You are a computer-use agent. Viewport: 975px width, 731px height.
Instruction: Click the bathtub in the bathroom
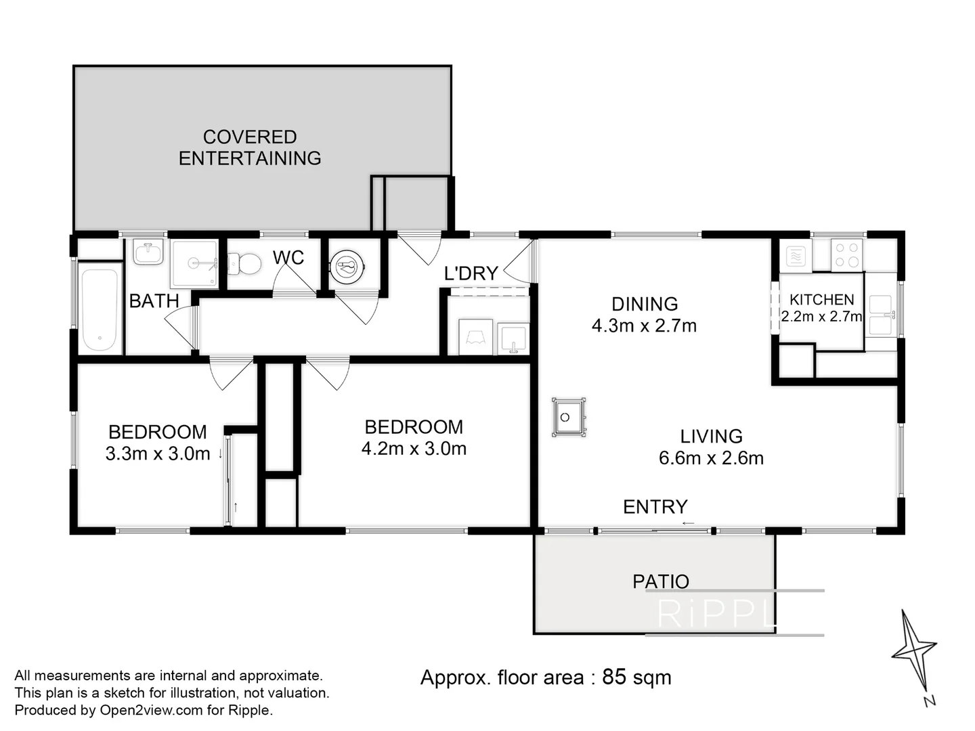[100, 307]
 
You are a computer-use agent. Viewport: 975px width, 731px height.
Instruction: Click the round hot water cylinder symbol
[347, 267]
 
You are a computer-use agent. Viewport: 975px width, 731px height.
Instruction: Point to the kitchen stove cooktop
[846, 255]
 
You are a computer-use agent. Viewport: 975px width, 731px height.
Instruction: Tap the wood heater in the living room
[569, 417]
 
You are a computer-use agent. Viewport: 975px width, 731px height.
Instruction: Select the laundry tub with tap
[513, 339]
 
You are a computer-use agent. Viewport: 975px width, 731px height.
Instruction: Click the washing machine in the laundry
[475, 337]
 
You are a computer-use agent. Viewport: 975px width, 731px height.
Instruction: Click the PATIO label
[661, 581]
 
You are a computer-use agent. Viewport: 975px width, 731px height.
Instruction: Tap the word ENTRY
[655, 507]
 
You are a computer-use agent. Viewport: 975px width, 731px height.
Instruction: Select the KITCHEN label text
[822, 300]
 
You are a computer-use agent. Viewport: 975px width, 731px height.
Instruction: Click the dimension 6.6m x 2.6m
[711, 458]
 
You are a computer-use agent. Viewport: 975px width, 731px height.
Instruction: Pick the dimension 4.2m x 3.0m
[414, 449]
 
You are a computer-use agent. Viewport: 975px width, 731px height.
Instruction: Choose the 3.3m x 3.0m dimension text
[158, 453]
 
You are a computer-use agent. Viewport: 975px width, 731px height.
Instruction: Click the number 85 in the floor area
[614, 678]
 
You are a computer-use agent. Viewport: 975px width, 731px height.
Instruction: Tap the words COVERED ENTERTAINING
[250, 148]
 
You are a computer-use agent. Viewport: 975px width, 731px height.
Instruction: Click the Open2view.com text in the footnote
[151, 711]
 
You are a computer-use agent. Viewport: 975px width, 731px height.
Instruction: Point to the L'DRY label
[471, 273]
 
